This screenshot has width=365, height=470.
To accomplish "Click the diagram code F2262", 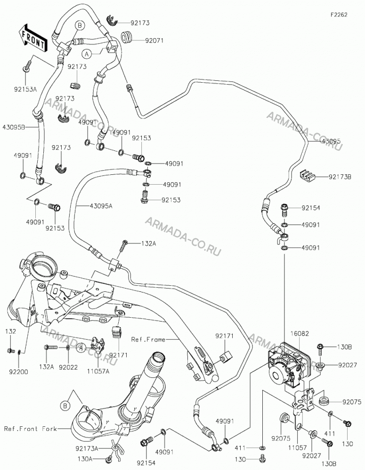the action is coord(339,15).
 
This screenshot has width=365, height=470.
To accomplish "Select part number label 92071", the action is coord(154,40).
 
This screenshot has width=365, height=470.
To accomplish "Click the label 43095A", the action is coord(101,206).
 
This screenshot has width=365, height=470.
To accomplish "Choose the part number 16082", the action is coord(300,333).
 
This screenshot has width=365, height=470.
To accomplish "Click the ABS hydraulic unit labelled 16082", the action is coord(287,367).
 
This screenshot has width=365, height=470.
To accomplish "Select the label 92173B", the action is coord(340,177).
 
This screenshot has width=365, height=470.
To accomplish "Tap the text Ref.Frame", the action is coord(148,340).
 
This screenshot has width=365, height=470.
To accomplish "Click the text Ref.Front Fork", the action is coord(30,429).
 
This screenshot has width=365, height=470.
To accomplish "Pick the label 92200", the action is coord(20,372).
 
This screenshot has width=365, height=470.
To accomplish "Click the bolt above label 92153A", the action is coord(27,66).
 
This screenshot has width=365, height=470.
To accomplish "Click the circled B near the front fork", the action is coord(65,406).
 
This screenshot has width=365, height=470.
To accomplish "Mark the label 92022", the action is coord(68,366).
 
